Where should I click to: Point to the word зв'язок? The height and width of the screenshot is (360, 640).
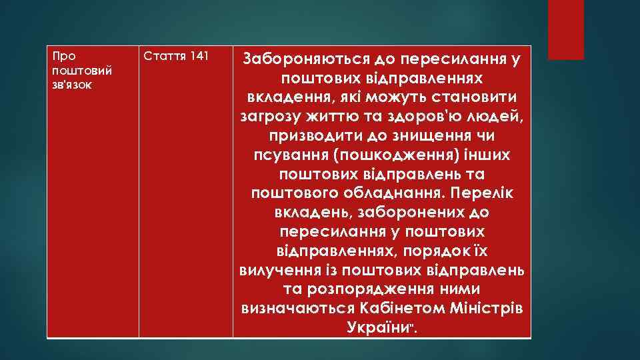pyautogui.click(x=69, y=85)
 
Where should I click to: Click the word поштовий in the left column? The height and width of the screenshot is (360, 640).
pyautogui.click(x=73, y=71)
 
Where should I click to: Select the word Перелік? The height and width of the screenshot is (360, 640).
pyautogui.click(x=481, y=194)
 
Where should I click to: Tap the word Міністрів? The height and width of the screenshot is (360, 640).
pyautogui.click(x=485, y=310)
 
